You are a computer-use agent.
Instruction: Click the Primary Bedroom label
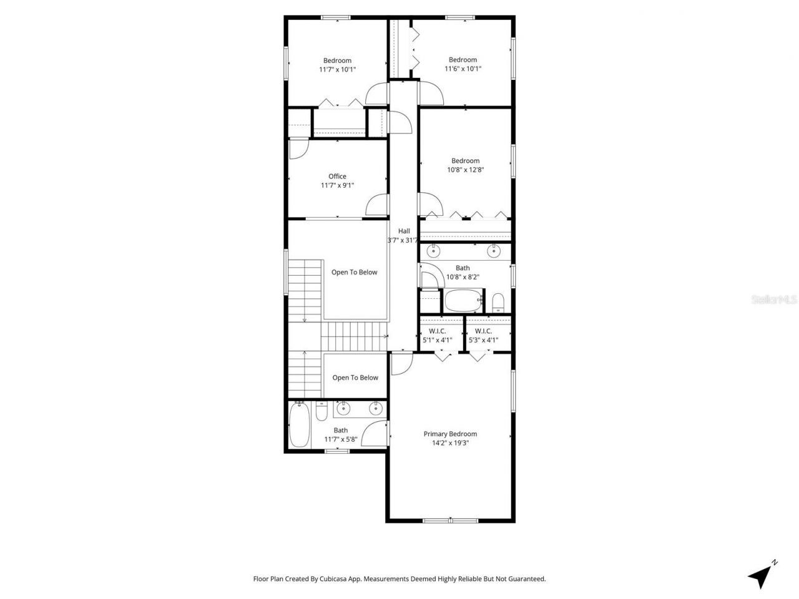450,434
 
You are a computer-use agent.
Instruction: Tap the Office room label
337,176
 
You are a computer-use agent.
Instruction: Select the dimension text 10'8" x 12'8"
465,169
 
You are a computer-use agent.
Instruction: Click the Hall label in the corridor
404,231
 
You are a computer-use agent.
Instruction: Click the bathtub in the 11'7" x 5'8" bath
300,425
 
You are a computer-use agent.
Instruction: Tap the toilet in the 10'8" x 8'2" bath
498,303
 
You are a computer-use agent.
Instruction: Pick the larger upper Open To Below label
354,272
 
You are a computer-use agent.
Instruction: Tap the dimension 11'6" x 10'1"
463,69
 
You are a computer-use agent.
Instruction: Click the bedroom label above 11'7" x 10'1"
337,61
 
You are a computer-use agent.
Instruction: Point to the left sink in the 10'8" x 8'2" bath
433,251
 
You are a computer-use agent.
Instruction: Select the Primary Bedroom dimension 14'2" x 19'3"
450,442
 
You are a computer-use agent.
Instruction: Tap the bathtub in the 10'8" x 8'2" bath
463,301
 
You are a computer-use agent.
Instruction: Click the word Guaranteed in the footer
525,579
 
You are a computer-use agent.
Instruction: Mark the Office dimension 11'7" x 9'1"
337,185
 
